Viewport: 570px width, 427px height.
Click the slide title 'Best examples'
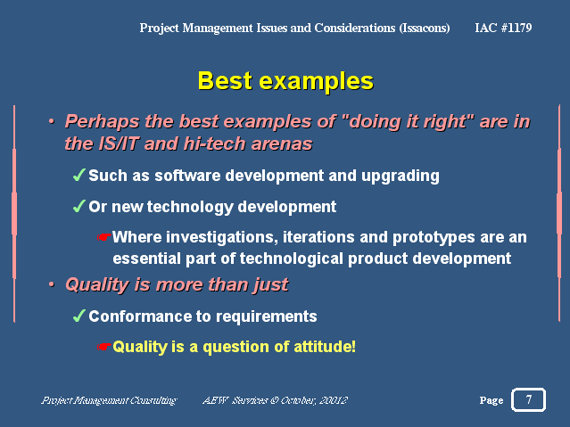point(285,81)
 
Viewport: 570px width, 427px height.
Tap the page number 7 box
point(528,399)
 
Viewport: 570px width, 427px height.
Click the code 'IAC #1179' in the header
point(503,28)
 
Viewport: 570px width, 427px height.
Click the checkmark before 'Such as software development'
point(79,175)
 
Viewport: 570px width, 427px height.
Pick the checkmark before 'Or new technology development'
point(79,206)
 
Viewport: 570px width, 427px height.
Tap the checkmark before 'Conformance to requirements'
point(79,316)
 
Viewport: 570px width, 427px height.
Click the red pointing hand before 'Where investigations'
point(104,237)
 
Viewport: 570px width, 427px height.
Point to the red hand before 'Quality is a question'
point(104,347)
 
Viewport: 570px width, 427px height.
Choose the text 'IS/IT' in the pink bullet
point(118,144)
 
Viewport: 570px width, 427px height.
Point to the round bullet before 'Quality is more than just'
point(52,283)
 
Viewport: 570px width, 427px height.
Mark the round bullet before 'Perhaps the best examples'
point(52,121)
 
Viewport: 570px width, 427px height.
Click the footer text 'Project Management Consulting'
point(109,400)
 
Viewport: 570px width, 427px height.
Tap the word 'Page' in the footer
point(492,400)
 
